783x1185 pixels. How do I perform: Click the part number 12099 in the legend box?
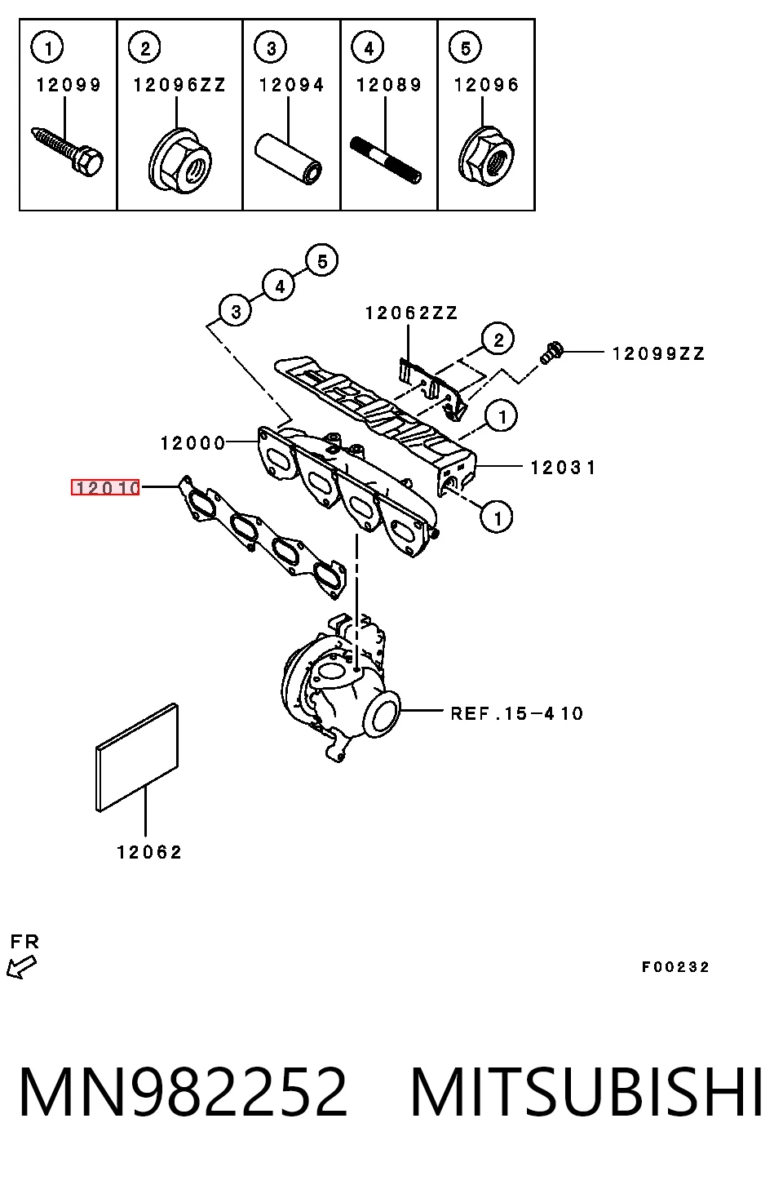coord(69,85)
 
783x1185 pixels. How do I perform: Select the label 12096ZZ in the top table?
coord(179,85)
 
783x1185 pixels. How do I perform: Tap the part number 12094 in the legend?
coord(291,85)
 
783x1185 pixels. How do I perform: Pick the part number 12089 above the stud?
coord(389,85)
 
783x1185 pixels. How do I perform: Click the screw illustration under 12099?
coord(67,151)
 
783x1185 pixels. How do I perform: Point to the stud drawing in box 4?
coord(386,160)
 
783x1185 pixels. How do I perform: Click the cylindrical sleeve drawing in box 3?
coord(289,158)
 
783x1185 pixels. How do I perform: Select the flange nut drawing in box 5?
coord(486,155)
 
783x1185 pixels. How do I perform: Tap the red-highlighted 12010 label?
coord(105,487)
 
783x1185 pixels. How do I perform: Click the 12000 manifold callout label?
coord(193,443)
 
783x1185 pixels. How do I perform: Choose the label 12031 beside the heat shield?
coord(563,468)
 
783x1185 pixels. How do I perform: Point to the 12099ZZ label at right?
coord(659,353)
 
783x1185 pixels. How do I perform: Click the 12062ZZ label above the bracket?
coord(411,313)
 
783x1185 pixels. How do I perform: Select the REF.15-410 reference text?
coord(517,713)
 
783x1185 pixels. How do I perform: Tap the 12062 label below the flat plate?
coord(149,852)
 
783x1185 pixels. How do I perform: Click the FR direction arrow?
coord(21,967)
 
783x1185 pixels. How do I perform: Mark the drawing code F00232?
coord(675,967)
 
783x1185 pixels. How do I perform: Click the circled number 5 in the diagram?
coord(322,261)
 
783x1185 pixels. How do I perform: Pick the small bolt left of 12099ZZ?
coord(552,353)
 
